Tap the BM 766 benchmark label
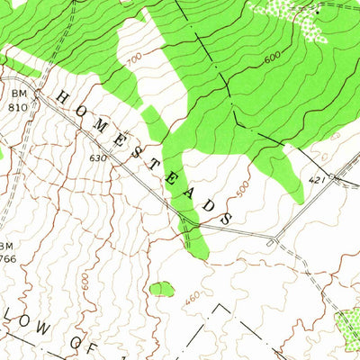[7, 252]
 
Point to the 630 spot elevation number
[98, 158]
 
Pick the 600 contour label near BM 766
[84, 281]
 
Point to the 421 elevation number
[316, 181]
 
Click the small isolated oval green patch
[162, 289]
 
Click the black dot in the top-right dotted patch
[316, 12]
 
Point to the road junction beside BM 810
[38, 101]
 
